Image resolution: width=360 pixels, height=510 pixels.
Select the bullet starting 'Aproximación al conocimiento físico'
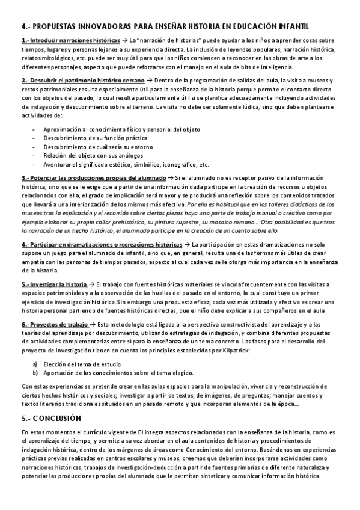coord(121,129)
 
